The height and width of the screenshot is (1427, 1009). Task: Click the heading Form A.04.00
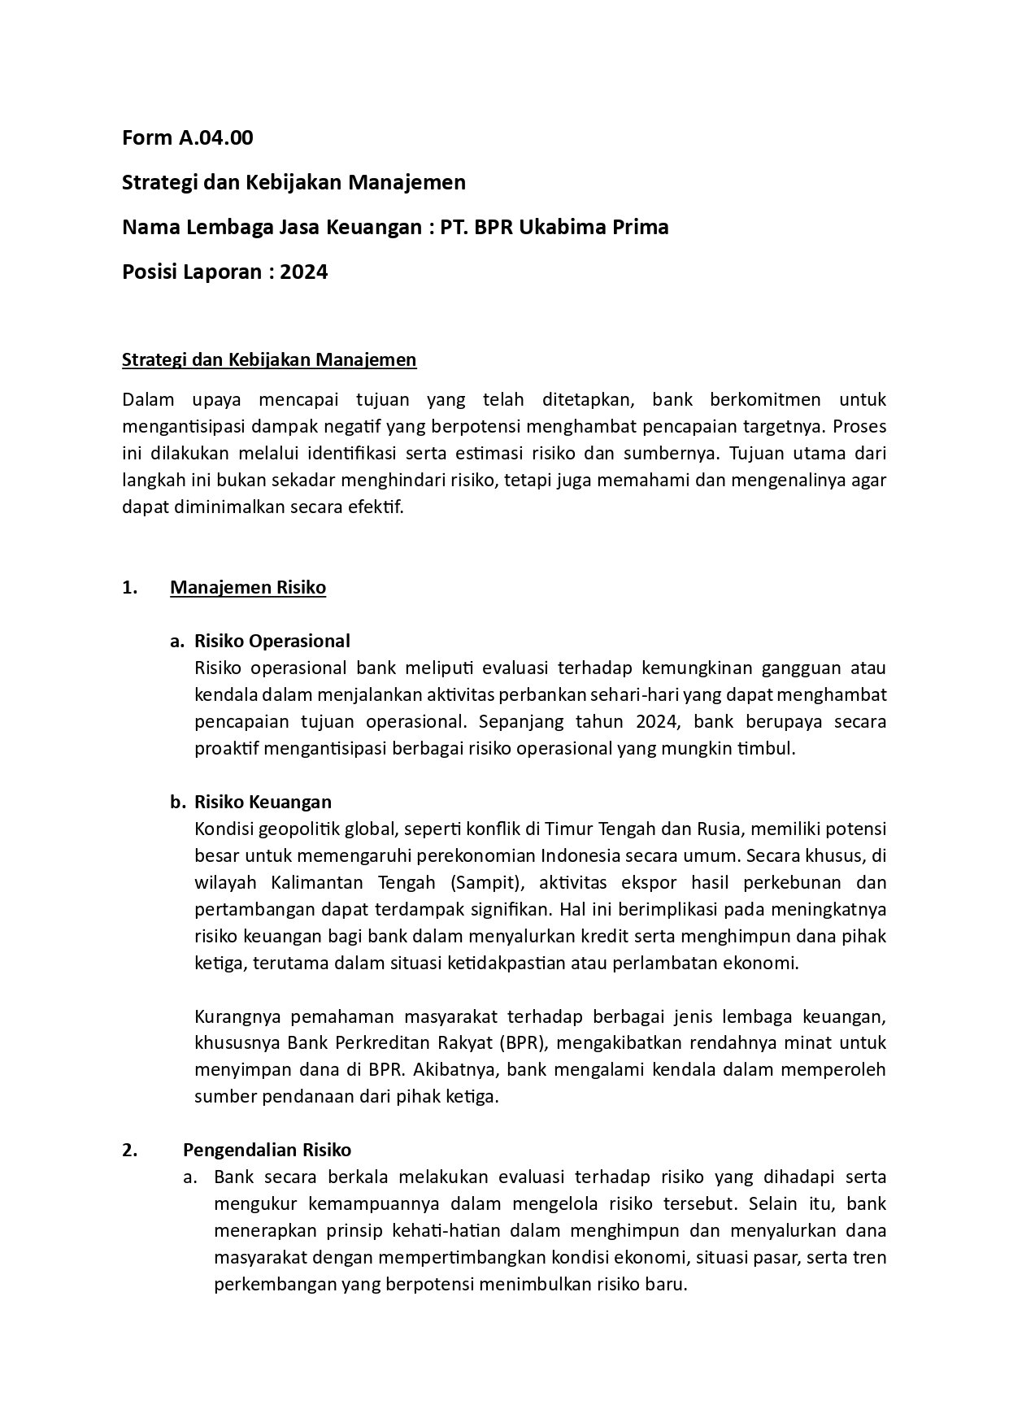point(187,138)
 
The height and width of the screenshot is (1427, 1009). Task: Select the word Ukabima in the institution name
point(569,227)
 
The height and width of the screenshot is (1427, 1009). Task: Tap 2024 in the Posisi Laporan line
point(304,272)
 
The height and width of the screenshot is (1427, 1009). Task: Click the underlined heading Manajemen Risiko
point(248,588)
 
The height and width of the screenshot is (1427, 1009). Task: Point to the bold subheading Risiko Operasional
point(272,641)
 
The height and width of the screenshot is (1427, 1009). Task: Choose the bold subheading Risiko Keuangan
point(263,802)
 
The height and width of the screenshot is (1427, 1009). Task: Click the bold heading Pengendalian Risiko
point(267,1150)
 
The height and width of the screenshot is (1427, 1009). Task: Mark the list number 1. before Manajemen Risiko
point(129,588)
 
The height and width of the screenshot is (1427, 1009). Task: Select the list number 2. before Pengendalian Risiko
point(129,1150)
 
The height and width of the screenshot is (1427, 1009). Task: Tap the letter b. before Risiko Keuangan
point(177,802)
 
